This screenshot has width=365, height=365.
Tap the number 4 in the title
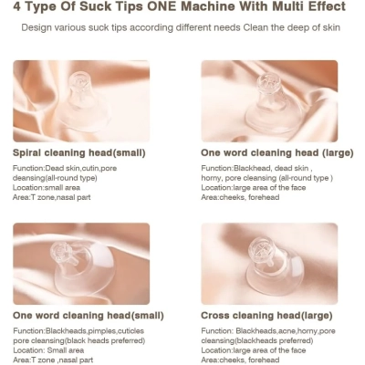pos(17,6)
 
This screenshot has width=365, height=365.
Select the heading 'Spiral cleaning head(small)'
pos(79,152)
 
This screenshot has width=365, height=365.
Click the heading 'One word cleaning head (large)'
pos(277,152)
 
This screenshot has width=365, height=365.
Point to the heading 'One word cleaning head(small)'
pos(89,316)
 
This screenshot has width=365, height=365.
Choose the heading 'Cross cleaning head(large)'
pos(266,316)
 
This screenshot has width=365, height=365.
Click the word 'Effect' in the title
pos(328,6)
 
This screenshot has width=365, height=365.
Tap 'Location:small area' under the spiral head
pos(47,187)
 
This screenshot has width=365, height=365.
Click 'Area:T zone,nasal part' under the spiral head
pos(51,197)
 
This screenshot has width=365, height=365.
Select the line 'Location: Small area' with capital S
pos(48,350)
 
